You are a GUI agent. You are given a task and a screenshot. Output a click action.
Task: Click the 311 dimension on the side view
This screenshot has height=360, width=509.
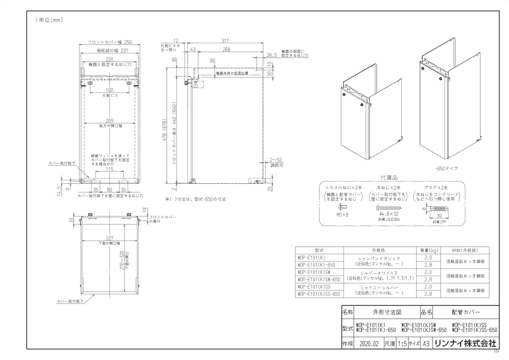225,41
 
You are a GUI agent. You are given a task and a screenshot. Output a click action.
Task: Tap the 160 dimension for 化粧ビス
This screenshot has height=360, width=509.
109,90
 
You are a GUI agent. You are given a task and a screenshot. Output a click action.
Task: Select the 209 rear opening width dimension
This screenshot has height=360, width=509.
109,121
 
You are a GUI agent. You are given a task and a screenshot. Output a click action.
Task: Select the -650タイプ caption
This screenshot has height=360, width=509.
445,168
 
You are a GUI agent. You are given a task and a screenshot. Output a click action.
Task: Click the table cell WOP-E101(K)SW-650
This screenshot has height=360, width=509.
319,279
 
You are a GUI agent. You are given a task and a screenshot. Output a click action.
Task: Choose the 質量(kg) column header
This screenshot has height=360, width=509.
428,250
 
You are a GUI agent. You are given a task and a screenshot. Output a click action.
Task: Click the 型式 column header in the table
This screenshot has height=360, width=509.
319,250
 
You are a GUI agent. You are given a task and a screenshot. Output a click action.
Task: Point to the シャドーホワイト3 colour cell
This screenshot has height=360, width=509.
380,272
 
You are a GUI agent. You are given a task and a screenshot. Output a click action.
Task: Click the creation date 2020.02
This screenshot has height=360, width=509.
368,344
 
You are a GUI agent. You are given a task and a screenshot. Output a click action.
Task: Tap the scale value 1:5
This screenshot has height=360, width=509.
402,344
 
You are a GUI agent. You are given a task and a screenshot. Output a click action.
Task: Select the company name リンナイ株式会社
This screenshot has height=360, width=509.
464,344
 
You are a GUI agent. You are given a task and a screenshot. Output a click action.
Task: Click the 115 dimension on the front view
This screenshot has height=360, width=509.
109,169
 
